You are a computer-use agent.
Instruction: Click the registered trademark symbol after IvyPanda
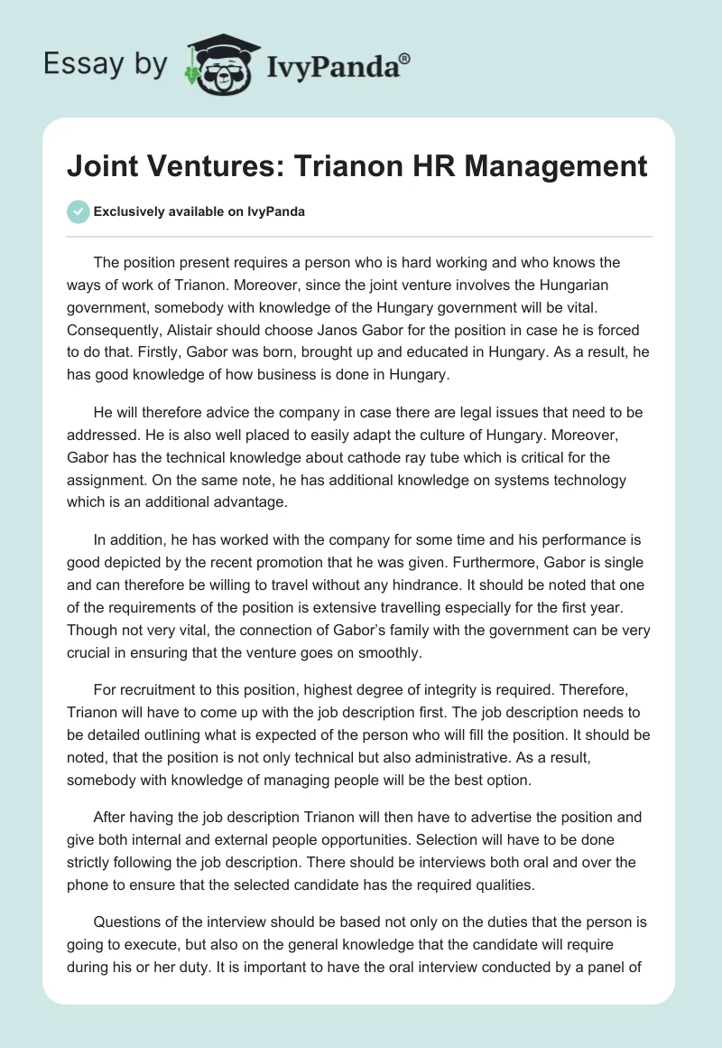[405, 59]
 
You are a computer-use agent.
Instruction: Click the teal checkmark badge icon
[78, 211]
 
